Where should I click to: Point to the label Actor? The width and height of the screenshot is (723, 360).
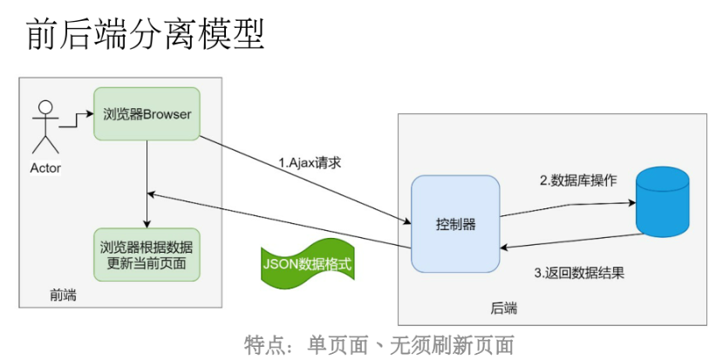[x=45, y=167]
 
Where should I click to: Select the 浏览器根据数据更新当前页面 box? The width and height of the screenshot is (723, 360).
[x=147, y=254]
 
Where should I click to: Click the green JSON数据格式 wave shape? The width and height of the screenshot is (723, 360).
[x=308, y=262]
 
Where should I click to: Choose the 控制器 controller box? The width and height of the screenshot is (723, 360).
[x=455, y=224]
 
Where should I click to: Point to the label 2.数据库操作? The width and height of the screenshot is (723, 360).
[x=577, y=180]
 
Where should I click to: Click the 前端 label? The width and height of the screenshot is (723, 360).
[x=63, y=295]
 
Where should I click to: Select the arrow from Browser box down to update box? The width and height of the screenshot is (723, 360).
[x=147, y=183]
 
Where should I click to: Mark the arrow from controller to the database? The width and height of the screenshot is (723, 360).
[x=567, y=207]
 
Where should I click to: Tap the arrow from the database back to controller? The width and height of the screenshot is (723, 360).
[x=567, y=241]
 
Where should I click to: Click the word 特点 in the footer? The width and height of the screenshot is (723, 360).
[x=265, y=343]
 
